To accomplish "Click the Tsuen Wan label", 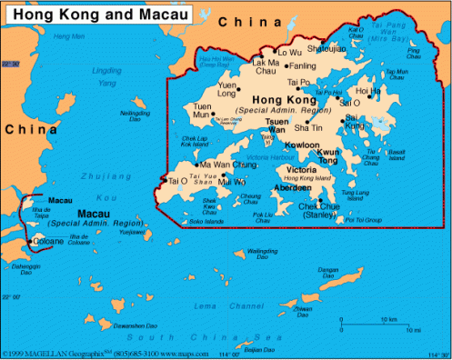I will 276,125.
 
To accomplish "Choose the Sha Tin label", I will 307,127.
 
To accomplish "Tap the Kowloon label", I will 301,145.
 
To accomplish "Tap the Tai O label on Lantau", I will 178,181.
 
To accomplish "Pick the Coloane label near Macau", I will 48,242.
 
